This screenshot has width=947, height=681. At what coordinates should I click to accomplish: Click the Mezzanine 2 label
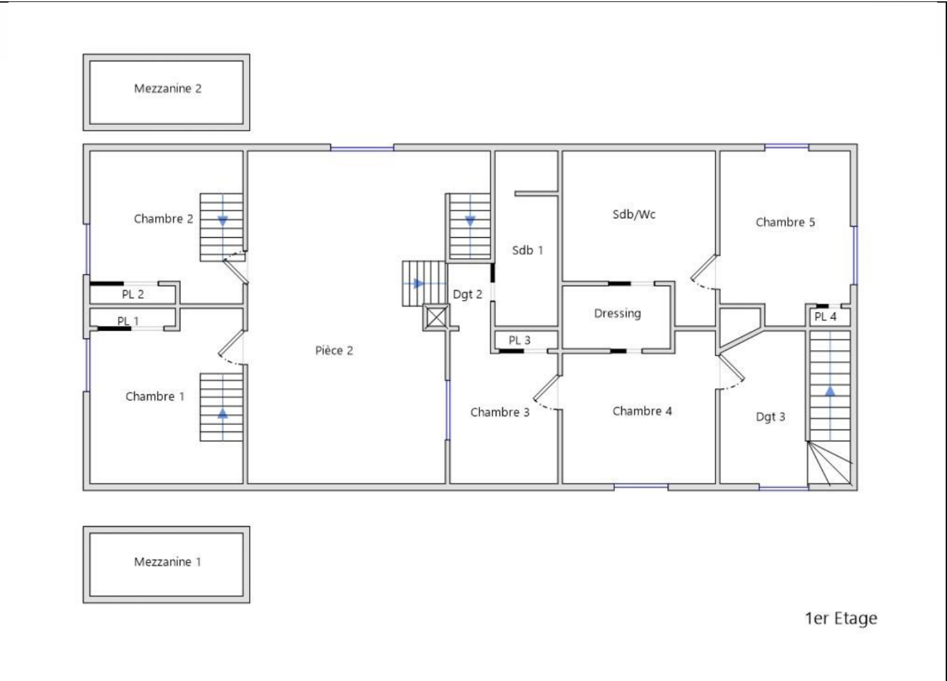[168, 89]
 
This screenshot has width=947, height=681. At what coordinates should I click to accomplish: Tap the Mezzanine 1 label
[168, 562]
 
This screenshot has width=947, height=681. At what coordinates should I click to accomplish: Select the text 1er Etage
[841, 618]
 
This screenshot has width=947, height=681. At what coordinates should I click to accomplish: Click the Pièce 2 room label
[334, 350]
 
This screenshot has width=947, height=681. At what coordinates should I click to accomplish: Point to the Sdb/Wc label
[634, 214]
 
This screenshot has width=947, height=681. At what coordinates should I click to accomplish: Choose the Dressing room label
[618, 314]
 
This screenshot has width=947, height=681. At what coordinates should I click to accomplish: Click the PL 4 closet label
[825, 317]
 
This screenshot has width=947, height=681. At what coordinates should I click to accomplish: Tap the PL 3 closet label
[519, 340]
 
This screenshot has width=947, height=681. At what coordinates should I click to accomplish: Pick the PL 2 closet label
[133, 294]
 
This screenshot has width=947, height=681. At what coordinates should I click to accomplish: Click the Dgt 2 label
[468, 294]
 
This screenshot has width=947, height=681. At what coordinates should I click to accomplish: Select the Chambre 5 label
[785, 222]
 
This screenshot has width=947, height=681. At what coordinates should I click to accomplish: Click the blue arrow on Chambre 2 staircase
[223, 221]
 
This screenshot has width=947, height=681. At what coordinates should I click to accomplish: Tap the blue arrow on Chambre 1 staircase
[223, 414]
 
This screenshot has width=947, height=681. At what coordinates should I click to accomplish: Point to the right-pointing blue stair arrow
[418, 283]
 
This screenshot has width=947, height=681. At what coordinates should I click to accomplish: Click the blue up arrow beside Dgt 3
[830, 391]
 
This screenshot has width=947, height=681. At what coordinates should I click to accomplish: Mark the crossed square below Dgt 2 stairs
[436, 317]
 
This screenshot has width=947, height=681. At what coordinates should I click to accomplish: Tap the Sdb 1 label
[527, 250]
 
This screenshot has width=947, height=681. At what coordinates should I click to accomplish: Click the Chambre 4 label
[642, 411]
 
